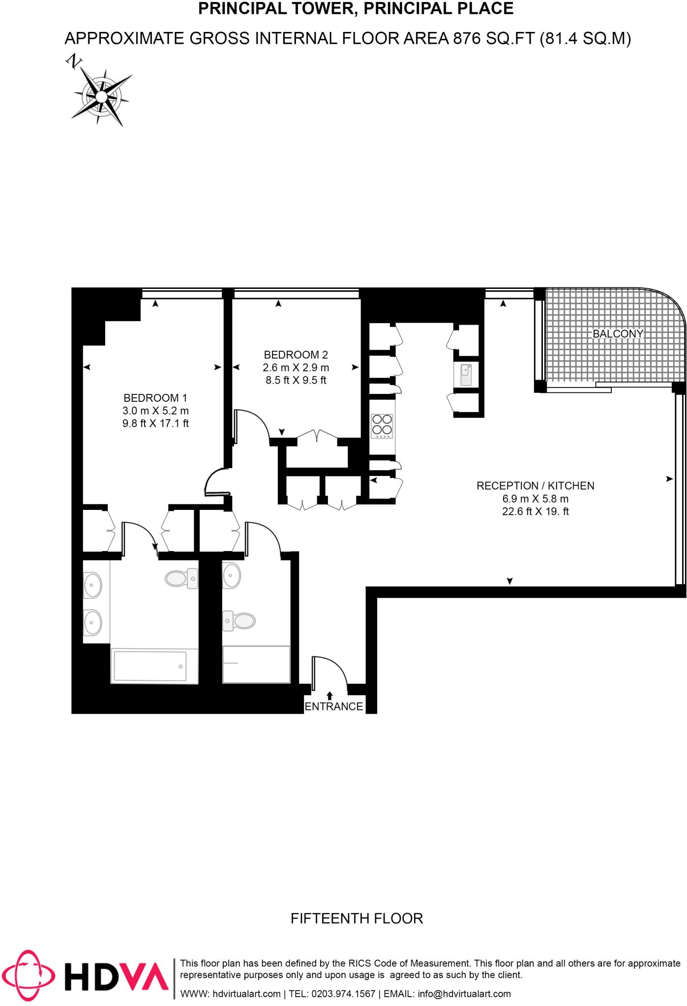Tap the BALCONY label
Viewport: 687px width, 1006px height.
click(618, 334)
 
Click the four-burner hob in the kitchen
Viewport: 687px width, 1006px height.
click(382, 425)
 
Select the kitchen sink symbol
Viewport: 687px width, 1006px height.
click(466, 375)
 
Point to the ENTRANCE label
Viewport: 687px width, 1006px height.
click(333, 706)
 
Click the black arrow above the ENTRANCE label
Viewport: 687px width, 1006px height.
click(329, 695)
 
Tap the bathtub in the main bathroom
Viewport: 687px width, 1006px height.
click(150, 667)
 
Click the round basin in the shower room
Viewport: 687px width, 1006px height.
click(232, 575)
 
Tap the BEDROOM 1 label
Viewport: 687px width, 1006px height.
click(155, 398)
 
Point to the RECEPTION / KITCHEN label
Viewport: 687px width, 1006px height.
click(535, 486)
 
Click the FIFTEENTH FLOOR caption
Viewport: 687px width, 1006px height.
click(357, 918)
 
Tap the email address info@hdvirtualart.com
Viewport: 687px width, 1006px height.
click(464, 994)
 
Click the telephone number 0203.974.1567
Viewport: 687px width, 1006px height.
click(342, 994)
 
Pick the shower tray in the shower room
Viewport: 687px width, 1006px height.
click(256, 664)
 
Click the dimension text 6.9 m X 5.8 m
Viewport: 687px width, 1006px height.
click(535, 499)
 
